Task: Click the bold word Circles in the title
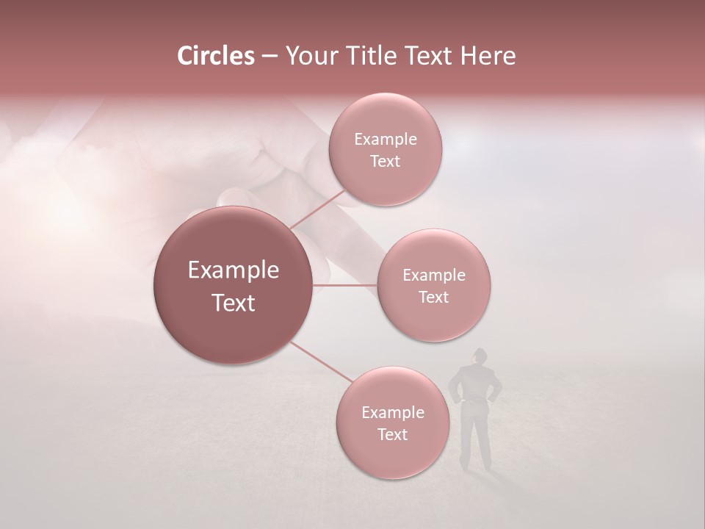(x=216, y=56)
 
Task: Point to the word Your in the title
(x=308, y=56)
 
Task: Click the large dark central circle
(x=233, y=285)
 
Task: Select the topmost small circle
(x=385, y=149)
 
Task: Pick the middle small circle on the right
(x=433, y=285)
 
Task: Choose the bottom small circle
(x=392, y=422)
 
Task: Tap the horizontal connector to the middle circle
(x=345, y=284)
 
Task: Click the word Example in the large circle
(x=233, y=270)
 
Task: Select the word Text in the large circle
(x=233, y=303)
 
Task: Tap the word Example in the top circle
(x=385, y=139)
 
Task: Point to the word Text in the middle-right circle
(x=433, y=297)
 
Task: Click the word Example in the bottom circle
(x=392, y=412)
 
